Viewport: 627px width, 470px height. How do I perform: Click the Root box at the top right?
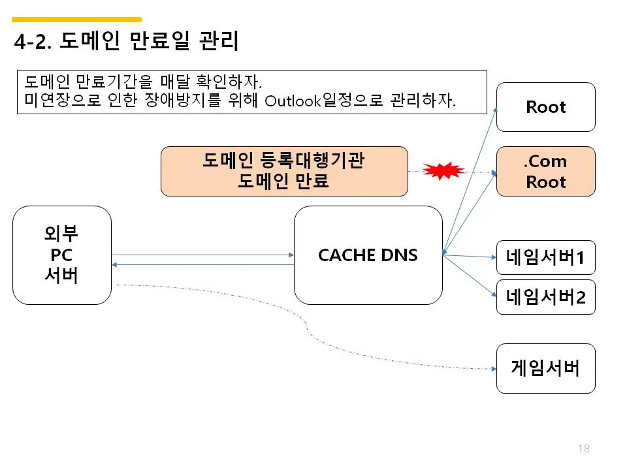point(545,107)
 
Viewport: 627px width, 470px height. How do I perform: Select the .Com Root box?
point(545,171)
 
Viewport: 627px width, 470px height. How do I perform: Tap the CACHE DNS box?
point(368,255)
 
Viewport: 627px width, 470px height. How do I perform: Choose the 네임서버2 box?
point(545,297)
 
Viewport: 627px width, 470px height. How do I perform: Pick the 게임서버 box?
point(545,368)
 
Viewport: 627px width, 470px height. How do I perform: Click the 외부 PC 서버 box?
point(62,255)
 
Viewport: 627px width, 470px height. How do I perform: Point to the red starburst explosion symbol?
point(443,171)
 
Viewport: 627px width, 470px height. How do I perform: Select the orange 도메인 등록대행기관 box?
point(284,171)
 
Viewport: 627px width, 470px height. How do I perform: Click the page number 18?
point(584,448)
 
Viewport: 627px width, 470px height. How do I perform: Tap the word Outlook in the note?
point(291,102)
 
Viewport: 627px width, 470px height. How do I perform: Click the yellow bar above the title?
point(76,20)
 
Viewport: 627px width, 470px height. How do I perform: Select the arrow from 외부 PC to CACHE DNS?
point(202,255)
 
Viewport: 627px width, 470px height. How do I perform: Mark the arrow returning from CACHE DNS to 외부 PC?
point(202,264)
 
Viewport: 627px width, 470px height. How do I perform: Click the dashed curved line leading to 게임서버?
point(307,326)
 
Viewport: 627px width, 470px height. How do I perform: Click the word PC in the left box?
point(61,255)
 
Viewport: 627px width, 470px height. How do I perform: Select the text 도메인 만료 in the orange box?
point(284,181)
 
